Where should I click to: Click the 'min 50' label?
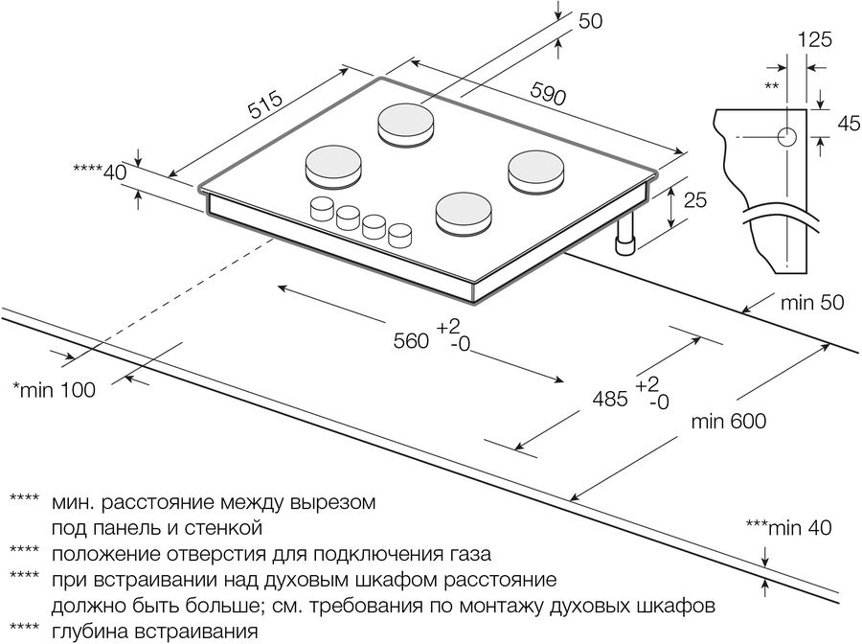(x=812, y=303)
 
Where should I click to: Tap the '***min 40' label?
(x=788, y=527)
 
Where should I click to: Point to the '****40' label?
(x=101, y=172)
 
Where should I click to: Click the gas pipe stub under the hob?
(x=628, y=241)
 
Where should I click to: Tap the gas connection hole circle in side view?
(x=788, y=137)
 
